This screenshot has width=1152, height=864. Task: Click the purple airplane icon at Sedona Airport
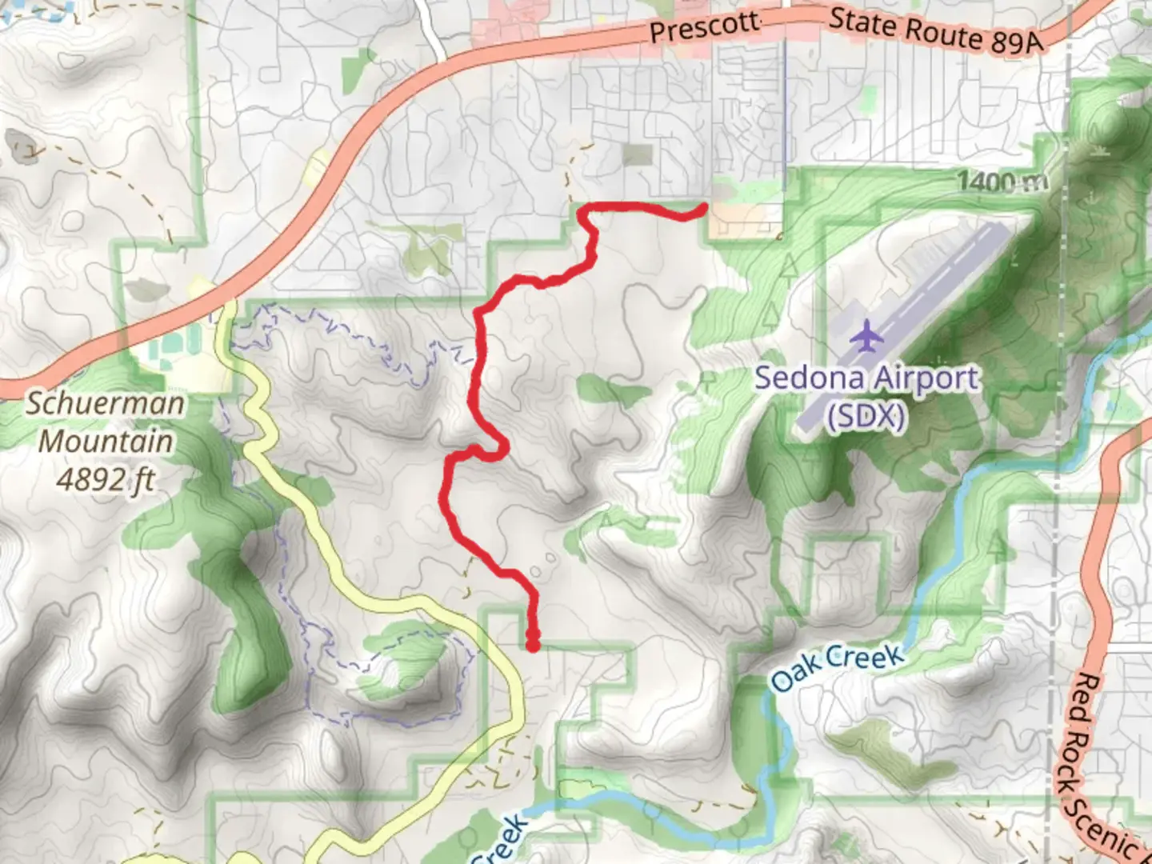(866, 335)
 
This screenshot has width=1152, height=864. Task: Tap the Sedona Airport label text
(866, 378)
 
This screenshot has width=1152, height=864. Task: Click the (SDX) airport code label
(866, 416)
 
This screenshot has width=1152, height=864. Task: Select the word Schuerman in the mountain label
(106, 403)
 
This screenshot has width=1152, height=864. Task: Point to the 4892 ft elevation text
(106, 480)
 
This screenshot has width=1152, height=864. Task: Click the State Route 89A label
(936, 32)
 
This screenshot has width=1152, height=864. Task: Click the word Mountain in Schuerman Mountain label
(106, 442)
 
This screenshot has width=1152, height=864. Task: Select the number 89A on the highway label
(1016, 42)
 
